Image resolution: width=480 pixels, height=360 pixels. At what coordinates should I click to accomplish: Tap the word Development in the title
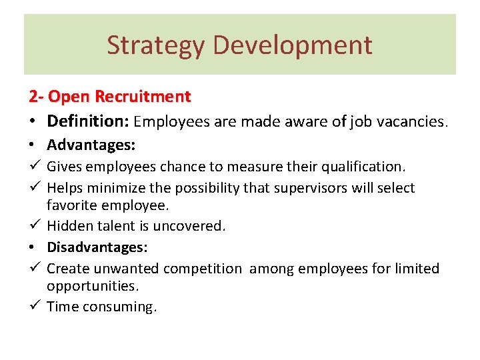pos(292,45)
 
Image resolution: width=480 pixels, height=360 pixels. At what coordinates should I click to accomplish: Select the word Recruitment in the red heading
pos(143,97)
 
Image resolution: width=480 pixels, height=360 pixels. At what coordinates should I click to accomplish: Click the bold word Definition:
pos(89,121)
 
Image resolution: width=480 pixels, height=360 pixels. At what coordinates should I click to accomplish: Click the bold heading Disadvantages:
pos(97,247)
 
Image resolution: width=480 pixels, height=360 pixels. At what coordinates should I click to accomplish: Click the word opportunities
pos(92,285)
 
